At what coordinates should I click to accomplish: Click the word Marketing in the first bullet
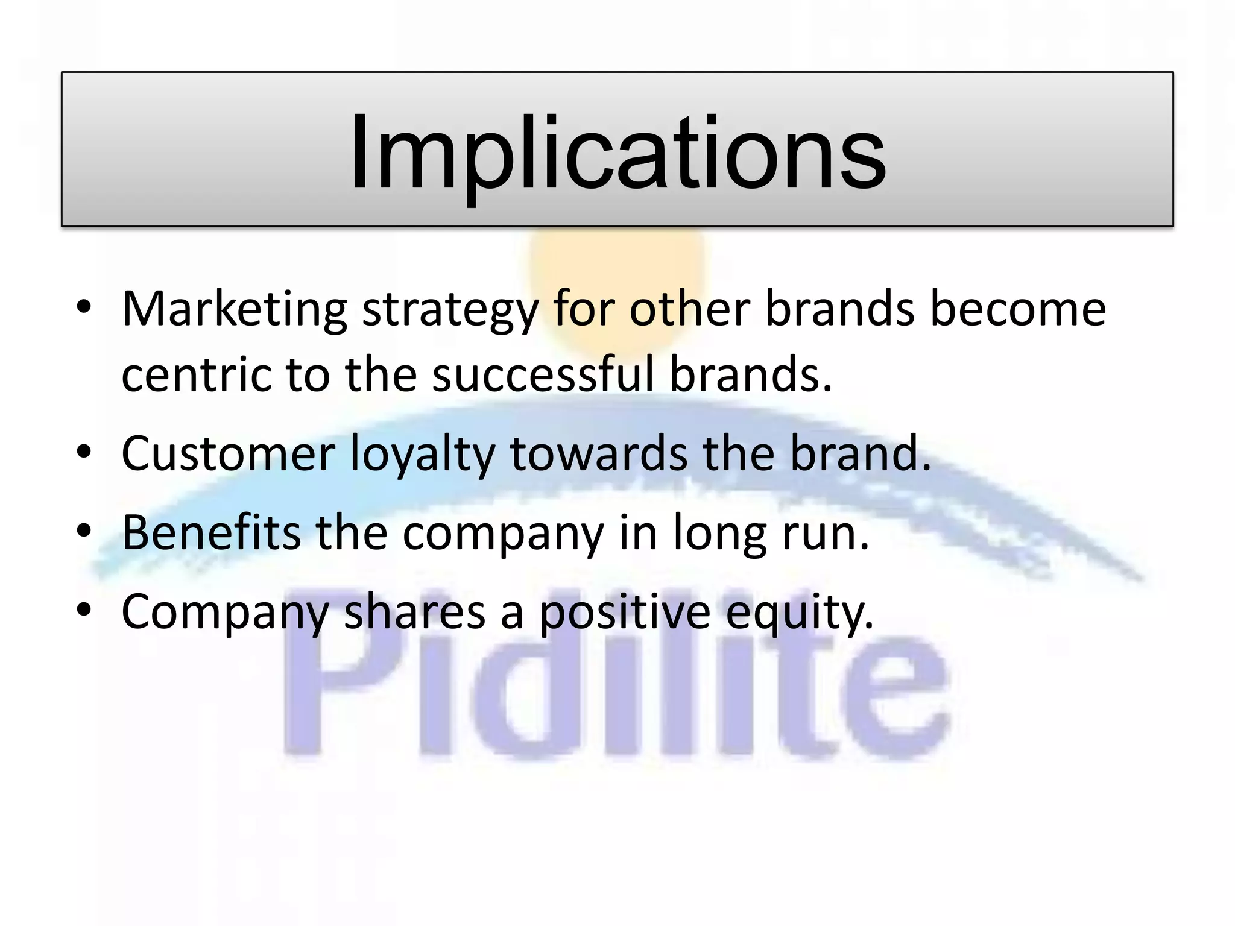tap(234, 309)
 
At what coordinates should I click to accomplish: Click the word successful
tap(543, 374)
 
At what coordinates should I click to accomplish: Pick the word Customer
tap(228, 453)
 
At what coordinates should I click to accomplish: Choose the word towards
tap(598, 453)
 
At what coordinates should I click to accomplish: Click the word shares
tap(414, 611)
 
